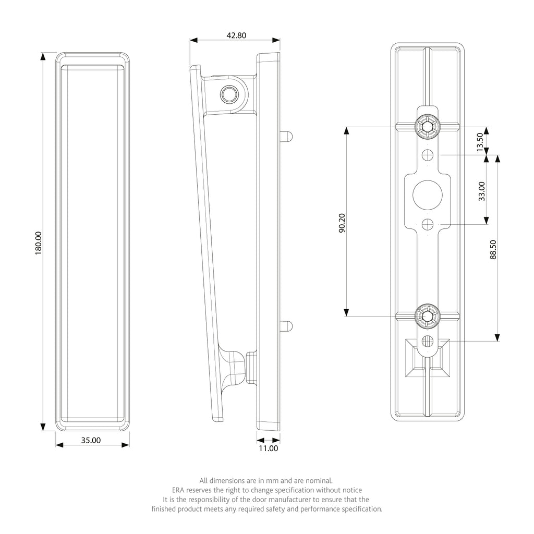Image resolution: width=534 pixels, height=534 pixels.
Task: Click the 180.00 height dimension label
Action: tap(38, 243)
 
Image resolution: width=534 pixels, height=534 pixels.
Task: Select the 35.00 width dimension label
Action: tap(91, 440)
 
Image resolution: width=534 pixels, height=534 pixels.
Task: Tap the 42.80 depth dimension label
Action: tap(236, 35)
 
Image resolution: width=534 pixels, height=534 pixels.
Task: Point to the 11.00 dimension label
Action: tap(269, 448)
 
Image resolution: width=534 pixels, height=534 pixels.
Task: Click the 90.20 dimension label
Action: tap(342, 223)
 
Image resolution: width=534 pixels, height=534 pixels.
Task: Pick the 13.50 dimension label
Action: tap(480, 142)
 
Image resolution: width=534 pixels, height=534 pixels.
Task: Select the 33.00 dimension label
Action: tap(481, 191)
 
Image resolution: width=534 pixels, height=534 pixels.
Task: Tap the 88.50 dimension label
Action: tap(493, 250)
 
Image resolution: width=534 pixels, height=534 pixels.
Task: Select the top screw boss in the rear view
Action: tap(427, 127)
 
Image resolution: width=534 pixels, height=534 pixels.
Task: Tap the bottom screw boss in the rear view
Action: tap(427, 317)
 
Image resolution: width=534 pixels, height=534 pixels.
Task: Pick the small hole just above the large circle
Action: tap(428, 155)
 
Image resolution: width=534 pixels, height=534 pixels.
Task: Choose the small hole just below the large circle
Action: tap(428, 225)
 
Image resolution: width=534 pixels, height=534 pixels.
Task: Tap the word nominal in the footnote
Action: tap(319, 481)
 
